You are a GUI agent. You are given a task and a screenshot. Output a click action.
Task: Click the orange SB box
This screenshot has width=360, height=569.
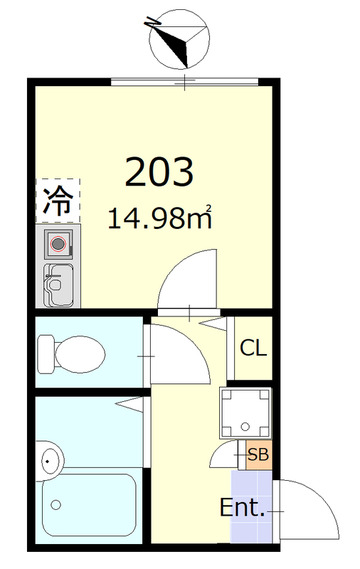tap(258, 455)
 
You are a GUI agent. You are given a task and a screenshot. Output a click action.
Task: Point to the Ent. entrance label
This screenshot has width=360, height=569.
tap(242, 509)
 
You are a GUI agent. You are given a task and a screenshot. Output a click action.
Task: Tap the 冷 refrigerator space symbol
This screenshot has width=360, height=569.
tap(58, 200)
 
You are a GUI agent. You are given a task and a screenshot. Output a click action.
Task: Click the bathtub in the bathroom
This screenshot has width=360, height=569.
tap(88, 504)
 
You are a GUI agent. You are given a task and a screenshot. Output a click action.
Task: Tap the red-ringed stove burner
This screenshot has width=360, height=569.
tap(58, 245)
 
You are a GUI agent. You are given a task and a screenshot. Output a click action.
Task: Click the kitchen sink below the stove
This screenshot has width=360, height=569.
tap(58, 285)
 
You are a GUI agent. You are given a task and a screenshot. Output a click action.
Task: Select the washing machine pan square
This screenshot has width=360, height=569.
tap(245, 412)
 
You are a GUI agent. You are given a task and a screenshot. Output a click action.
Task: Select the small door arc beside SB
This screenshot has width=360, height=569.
tap(228, 453)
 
